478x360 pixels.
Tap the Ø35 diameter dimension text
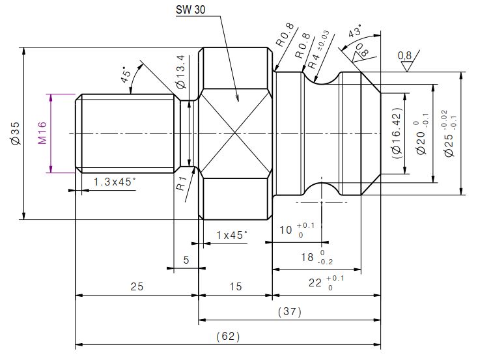click(15, 133)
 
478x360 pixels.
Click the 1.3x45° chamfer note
click(115, 182)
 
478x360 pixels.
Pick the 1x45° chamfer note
click(232, 234)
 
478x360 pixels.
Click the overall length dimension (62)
click(228, 337)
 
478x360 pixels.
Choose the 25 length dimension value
click(137, 286)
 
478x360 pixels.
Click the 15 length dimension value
click(234, 286)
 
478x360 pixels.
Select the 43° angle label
click(355, 32)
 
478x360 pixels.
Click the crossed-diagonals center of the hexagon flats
click(234, 133)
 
